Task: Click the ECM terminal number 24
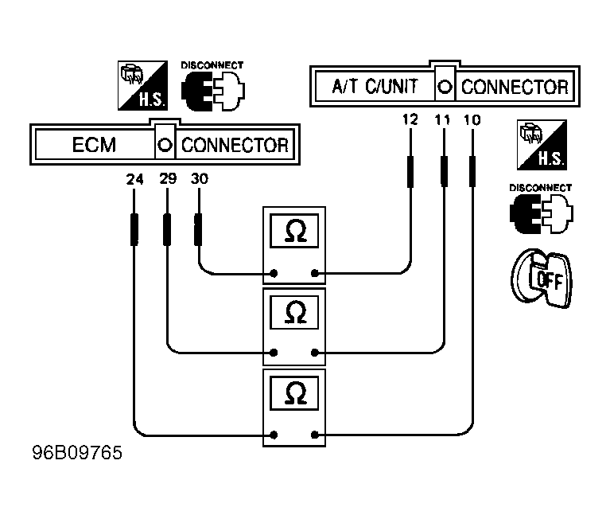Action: coord(134,179)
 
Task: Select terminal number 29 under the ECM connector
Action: coord(168,179)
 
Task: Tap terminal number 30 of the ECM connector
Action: coord(200,179)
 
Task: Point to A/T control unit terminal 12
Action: coord(410,119)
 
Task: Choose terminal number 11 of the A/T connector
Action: coord(442,119)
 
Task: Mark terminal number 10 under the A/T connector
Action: coord(472,119)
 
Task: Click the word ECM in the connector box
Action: coord(94,145)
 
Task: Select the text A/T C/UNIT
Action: coord(375,86)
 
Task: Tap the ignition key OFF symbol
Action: coord(541,279)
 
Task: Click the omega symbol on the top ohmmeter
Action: coord(296,231)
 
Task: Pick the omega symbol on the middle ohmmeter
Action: coord(296,312)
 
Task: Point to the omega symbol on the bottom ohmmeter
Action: coord(296,393)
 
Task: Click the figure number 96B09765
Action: coord(77,452)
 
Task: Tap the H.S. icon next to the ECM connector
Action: coord(143,85)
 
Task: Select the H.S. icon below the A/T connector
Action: coord(542,145)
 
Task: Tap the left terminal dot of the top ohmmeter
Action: coord(274,273)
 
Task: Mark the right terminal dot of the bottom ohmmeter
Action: coord(315,435)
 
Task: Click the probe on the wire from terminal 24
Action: coord(134,229)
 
